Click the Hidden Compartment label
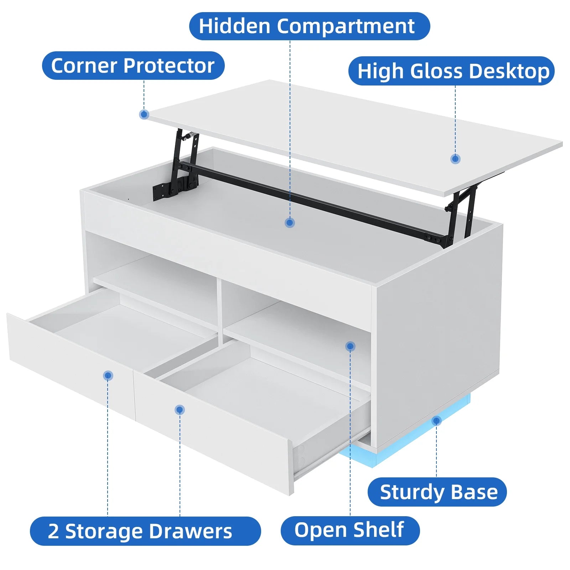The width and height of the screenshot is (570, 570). [309, 26]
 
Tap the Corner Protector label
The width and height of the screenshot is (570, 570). [133, 66]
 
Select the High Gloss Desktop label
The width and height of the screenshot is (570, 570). [451, 71]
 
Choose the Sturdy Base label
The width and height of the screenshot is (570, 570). [437, 492]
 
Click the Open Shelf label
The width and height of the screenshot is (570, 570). [350, 530]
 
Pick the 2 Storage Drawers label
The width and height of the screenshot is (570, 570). [145, 531]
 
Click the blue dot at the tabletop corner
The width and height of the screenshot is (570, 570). [144, 114]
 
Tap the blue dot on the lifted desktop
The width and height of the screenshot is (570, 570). [455, 159]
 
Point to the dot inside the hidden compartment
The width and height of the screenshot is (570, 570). [290, 223]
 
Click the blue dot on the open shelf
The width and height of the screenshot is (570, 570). [350, 346]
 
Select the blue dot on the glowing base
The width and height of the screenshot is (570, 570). [436, 421]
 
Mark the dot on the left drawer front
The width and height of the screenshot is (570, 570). [108, 375]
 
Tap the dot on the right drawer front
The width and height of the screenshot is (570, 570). [180, 410]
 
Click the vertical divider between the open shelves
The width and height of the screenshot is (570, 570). [220, 310]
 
